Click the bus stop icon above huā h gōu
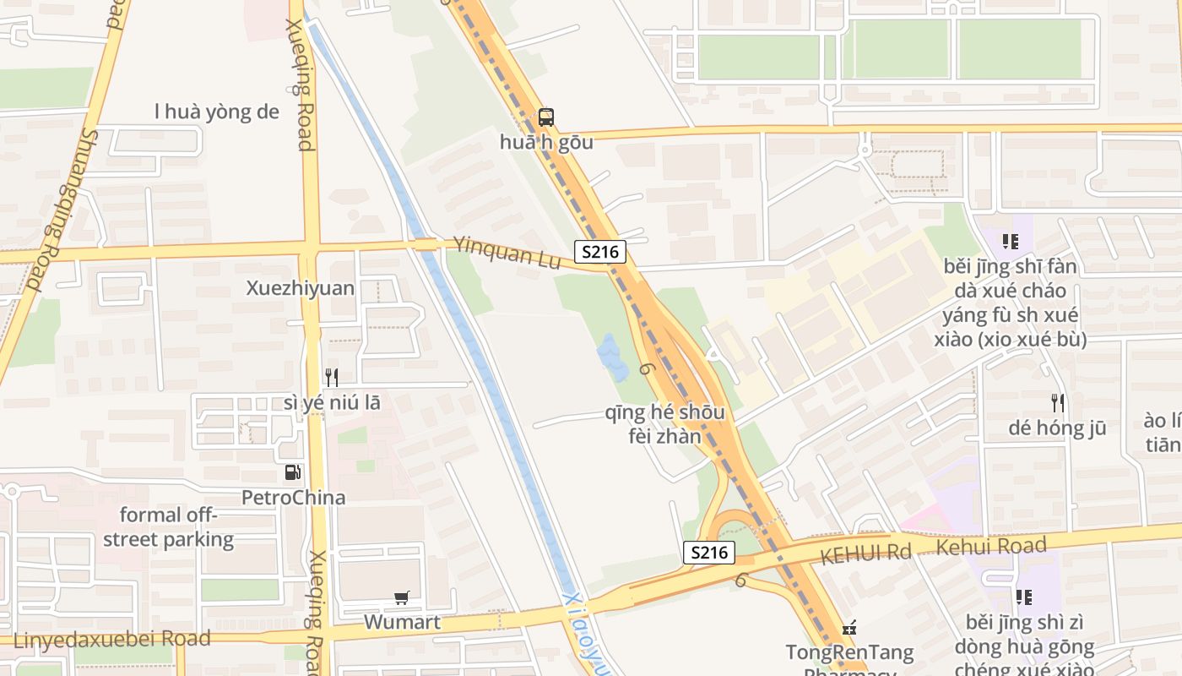click(x=546, y=117)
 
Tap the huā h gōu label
click(x=546, y=142)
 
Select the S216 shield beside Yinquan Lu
click(x=600, y=251)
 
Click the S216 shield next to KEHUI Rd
click(x=709, y=553)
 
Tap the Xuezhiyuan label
click(x=301, y=288)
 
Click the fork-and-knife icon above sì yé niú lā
click(x=332, y=377)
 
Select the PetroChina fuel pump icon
click(x=293, y=472)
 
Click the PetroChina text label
click(x=294, y=497)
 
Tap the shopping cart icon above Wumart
click(x=402, y=598)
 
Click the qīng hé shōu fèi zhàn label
click(x=665, y=424)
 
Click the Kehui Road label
click(x=991, y=546)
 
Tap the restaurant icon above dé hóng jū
click(x=1057, y=402)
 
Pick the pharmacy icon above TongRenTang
click(x=850, y=628)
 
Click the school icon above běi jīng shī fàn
click(x=1010, y=242)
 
